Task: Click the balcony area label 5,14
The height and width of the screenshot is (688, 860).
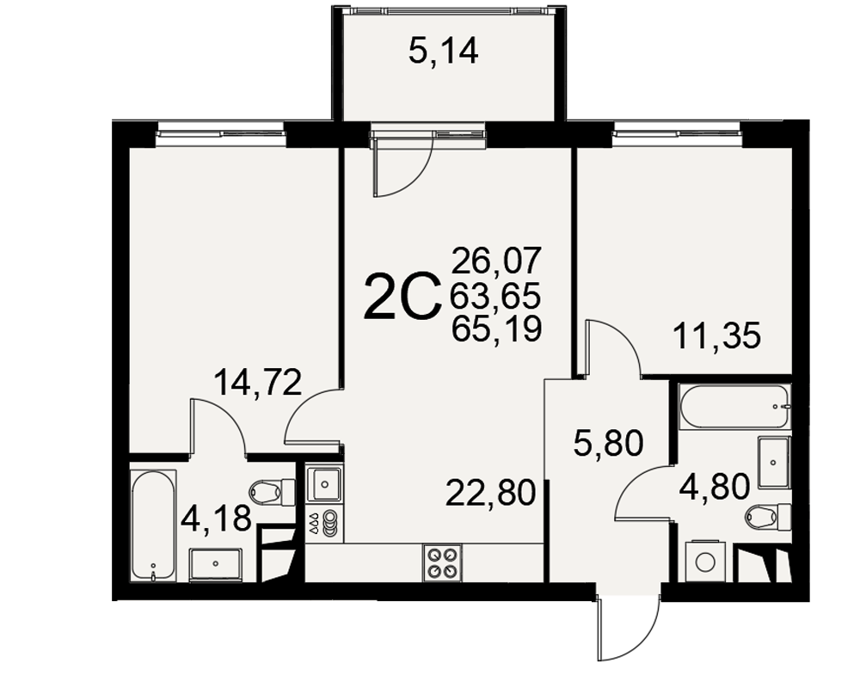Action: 444,52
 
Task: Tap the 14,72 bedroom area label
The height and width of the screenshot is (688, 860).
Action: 258,383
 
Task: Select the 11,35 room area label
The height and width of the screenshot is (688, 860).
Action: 717,335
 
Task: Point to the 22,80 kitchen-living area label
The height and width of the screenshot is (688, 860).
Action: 490,492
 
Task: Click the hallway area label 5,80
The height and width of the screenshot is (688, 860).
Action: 608,443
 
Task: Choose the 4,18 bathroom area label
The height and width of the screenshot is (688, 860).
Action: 216,518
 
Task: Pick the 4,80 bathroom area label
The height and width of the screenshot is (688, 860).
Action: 714,487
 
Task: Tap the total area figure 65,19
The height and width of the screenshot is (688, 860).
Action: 496,329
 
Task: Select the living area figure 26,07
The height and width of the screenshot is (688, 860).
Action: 496,261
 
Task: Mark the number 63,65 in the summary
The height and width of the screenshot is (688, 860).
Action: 496,295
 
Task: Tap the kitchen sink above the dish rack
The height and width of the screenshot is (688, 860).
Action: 324,484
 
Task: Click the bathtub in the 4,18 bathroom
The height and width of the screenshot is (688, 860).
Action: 154,526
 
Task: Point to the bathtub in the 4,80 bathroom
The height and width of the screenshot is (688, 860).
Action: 734,407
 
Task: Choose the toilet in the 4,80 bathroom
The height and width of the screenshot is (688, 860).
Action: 768,516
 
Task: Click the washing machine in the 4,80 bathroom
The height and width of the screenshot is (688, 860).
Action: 705,562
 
